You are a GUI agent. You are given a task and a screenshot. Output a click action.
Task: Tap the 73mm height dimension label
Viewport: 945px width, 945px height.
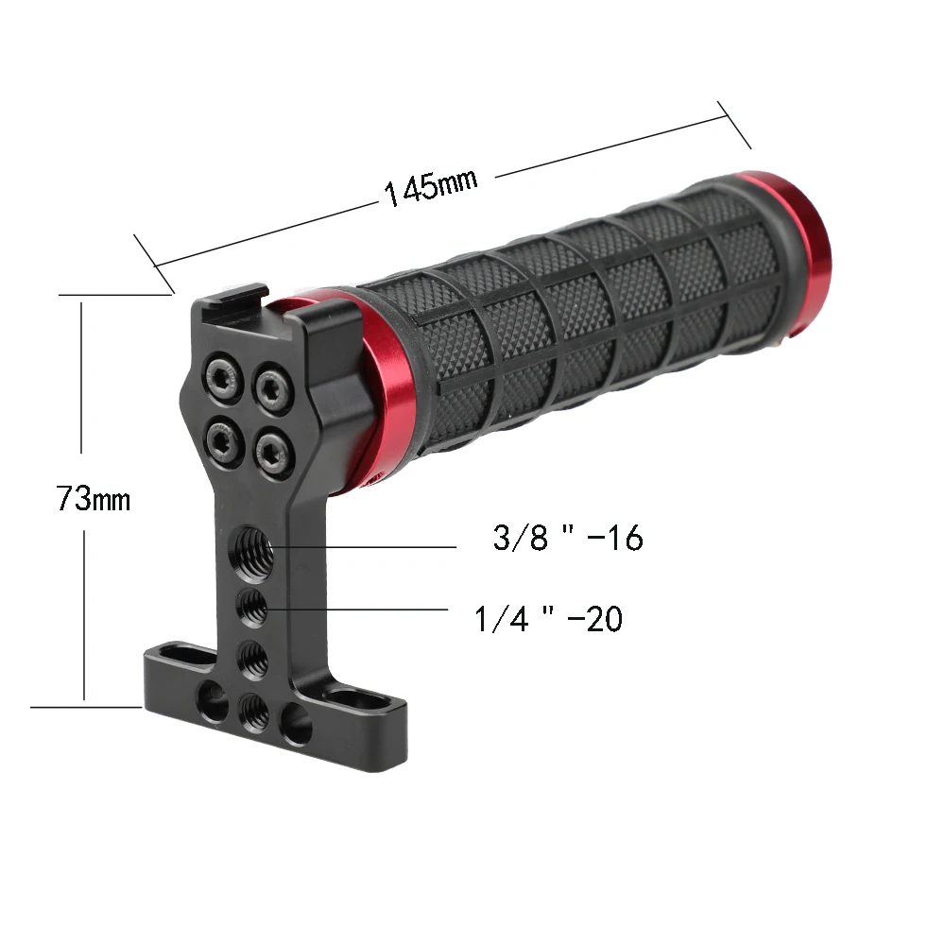(x=93, y=498)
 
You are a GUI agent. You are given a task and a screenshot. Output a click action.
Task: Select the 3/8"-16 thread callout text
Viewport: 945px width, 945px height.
(x=567, y=539)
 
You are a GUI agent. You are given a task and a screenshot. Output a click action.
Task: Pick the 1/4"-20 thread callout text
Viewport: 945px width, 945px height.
(x=548, y=619)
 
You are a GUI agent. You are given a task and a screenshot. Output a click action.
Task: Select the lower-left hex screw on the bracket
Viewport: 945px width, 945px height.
(x=222, y=436)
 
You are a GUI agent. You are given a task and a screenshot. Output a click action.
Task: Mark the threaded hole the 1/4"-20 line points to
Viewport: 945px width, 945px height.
(x=250, y=606)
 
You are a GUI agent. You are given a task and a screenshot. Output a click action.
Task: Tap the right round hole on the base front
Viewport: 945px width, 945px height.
(x=297, y=726)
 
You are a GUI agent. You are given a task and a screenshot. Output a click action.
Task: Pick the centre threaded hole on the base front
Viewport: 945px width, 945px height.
(x=251, y=710)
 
